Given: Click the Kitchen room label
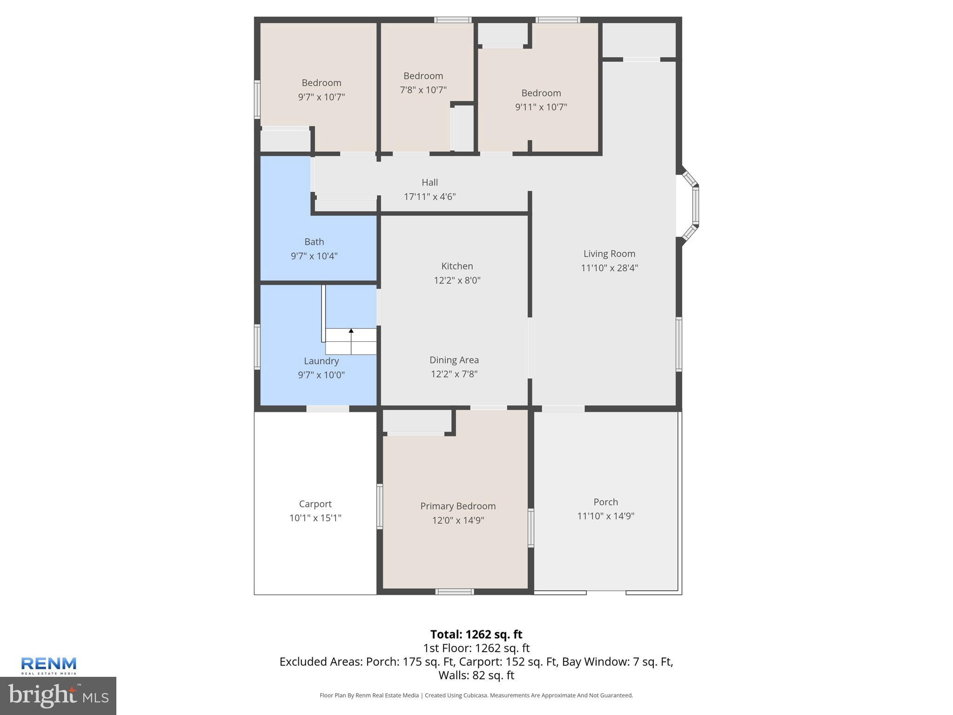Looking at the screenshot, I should [x=457, y=266].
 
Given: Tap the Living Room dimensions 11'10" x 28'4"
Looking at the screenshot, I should [x=609, y=268].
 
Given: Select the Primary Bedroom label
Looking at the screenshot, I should [x=458, y=506].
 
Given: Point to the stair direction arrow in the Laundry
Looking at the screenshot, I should [x=351, y=331].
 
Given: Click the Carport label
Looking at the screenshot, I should [x=315, y=504].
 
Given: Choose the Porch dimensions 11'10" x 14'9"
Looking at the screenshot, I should [x=605, y=516].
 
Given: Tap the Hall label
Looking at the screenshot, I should [x=430, y=182].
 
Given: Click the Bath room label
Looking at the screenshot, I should [x=314, y=242].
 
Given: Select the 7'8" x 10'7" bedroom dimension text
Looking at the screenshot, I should [x=423, y=90].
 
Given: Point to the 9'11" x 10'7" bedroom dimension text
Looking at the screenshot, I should [x=541, y=107].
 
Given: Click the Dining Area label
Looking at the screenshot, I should [x=454, y=360].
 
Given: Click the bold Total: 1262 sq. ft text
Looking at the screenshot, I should [x=476, y=634].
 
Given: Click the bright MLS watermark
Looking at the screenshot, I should [x=58, y=695].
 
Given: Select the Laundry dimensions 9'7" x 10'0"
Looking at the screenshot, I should [x=321, y=375].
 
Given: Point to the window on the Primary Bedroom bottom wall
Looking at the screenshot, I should [x=455, y=592].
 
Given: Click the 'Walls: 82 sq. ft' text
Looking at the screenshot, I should [x=476, y=675].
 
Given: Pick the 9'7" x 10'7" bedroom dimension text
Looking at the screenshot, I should [x=321, y=97].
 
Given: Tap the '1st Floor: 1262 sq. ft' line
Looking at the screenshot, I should [x=476, y=648].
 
